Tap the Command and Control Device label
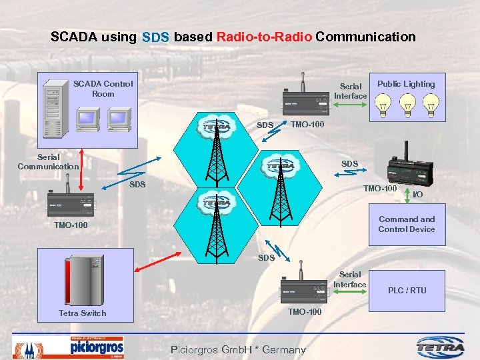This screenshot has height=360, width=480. [x=406, y=224]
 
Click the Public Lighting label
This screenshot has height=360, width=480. [x=405, y=84]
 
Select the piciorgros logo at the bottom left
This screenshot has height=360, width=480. [x=97, y=348]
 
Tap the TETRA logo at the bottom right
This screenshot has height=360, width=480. [x=442, y=347]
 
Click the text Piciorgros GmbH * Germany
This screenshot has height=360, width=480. [x=238, y=349]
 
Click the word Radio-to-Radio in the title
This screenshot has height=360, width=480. [x=264, y=37]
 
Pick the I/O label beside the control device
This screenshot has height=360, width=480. [x=418, y=195]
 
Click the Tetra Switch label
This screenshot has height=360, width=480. [x=82, y=313]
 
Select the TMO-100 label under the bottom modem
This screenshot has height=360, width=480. [x=304, y=312]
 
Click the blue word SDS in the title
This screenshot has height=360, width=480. [x=155, y=37]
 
